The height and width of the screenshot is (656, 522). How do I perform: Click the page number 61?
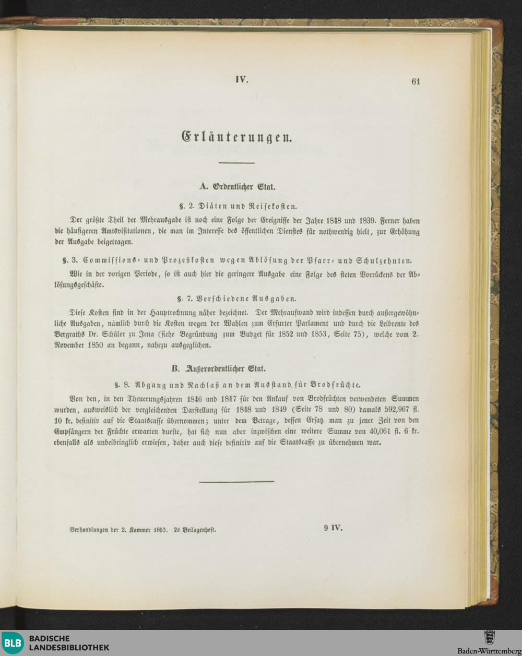coord(416,81)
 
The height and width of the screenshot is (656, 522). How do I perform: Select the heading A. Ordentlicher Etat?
coord(238,186)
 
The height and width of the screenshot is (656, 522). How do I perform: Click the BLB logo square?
coord(13,643)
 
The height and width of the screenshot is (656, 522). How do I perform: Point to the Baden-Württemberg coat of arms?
coord(489,638)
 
